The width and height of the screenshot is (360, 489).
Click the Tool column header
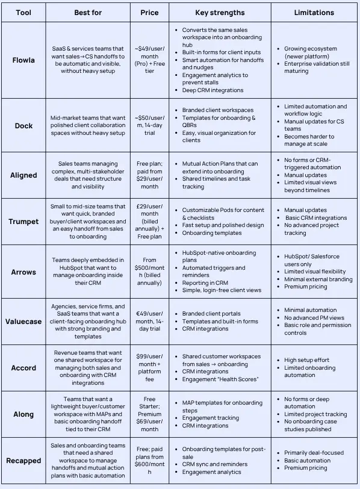coord(23,12)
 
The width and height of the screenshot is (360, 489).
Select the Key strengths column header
coord(220,12)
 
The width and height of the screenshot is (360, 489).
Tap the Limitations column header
coord(314,12)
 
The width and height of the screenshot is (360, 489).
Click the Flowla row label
coord(23,60)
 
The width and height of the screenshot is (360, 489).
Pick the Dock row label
coord(23,125)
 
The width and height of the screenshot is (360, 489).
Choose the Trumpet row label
coord(23,221)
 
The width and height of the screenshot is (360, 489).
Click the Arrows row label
coord(23,272)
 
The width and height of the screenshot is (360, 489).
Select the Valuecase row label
coord(23,321)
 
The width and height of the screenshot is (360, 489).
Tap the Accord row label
coord(23,367)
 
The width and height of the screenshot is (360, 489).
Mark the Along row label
coord(23,414)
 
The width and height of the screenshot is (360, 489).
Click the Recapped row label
coord(23,461)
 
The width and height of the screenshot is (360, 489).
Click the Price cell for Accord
coord(149,367)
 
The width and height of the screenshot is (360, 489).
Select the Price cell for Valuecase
coord(149,321)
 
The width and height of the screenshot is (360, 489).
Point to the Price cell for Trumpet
coord(149,221)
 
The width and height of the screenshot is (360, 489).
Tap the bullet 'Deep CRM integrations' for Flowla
coord(213,90)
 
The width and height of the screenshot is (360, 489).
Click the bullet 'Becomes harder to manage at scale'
coord(309,140)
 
